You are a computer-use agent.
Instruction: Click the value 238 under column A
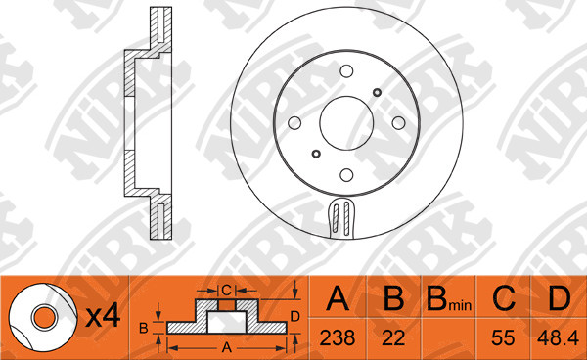(x=338, y=338)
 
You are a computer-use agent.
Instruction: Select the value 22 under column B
(x=393, y=338)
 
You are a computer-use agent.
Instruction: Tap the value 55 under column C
(x=503, y=338)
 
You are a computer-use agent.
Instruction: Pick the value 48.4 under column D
(x=559, y=338)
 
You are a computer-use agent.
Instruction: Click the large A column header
(x=338, y=298)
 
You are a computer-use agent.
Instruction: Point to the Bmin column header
(x=449, y=299)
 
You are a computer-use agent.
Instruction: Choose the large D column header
(x=560, y=298)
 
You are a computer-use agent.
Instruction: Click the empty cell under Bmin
(x=448, y=338)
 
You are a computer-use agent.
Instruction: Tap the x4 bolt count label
(x=103, y=317)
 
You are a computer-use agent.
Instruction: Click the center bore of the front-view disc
(x=346, y=123)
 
